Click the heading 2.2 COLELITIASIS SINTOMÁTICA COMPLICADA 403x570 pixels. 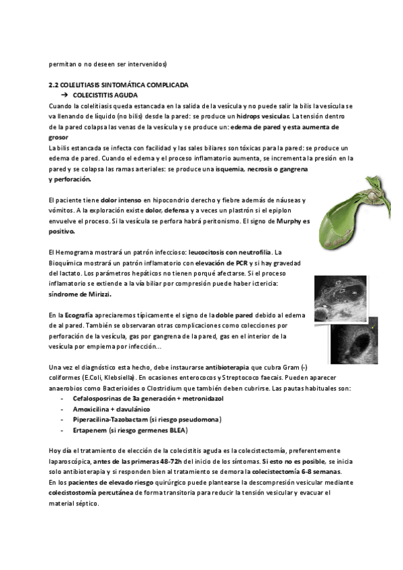[x=118, y=86]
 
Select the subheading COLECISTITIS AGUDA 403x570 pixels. [x=107, y=95]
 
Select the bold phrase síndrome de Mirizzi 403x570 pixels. [x=81, y=294]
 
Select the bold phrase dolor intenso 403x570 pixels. [x=121, y=200]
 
